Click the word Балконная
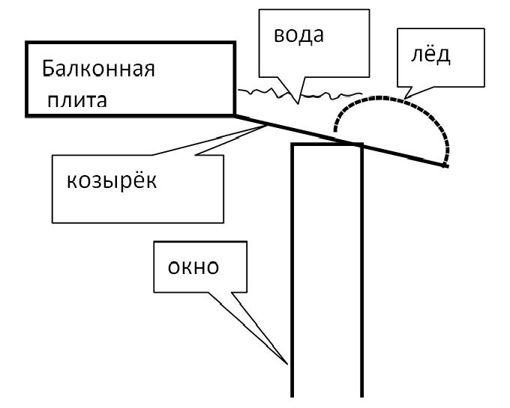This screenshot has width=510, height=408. pos(98,68)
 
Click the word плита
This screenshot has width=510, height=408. pos(77,100)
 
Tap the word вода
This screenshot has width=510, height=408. pos(298,35)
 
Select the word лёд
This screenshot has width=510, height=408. pos(430,54)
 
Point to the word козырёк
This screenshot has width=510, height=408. pos(112,180)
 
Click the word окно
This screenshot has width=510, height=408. pos(193,267)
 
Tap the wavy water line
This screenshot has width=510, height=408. pos(299,94)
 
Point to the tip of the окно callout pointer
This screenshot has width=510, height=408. pos(287,364)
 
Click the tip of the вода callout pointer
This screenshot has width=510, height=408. pos(298,103)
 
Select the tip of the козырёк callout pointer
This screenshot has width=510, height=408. pos(267,126)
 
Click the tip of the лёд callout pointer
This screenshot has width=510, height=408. pos(404,98)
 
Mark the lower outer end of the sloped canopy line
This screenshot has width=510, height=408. pos(448,166)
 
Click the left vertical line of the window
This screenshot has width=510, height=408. pos(292,270)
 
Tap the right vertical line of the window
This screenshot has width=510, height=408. pos(361,270)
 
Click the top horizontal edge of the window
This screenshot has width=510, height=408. pos(327,144)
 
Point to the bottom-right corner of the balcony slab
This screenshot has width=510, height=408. pos(234,115)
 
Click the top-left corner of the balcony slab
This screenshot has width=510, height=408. pos(27,43)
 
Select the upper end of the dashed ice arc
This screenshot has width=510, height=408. pos(335,131)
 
